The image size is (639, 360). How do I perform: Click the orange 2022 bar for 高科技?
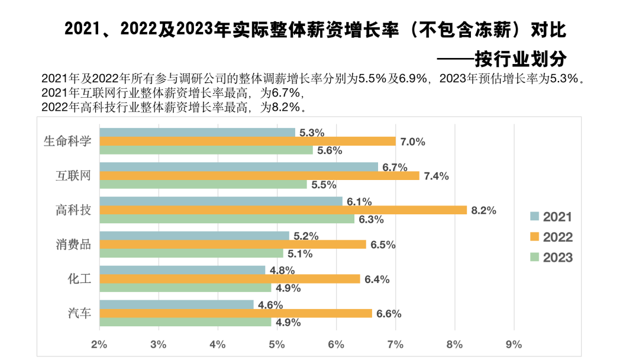(x=283, y=210)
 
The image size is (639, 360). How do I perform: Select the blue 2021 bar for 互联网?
(x=238, y=167)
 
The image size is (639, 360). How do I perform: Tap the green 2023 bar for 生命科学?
(x=206, y=150)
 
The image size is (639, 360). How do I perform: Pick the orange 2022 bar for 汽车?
(x=235, y=313)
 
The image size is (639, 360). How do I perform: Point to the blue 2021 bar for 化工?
(x=182, y=270)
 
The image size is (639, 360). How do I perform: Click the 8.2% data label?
(x=483, y=210)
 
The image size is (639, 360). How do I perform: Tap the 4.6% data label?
(x=270, y=305)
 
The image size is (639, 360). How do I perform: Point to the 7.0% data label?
(x=412, y=142)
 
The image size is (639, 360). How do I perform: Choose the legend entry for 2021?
(x=551, y=217)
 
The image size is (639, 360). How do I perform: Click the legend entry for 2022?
(x=551, y=237)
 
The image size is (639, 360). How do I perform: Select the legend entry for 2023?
(x=551, y=257)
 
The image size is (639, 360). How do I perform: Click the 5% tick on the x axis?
(x=276, y=344)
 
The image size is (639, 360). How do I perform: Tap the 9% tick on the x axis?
(x=514, y=344)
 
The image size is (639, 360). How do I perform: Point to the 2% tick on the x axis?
(x=99, y=344)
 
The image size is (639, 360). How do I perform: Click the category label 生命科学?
(x=67, y=142)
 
